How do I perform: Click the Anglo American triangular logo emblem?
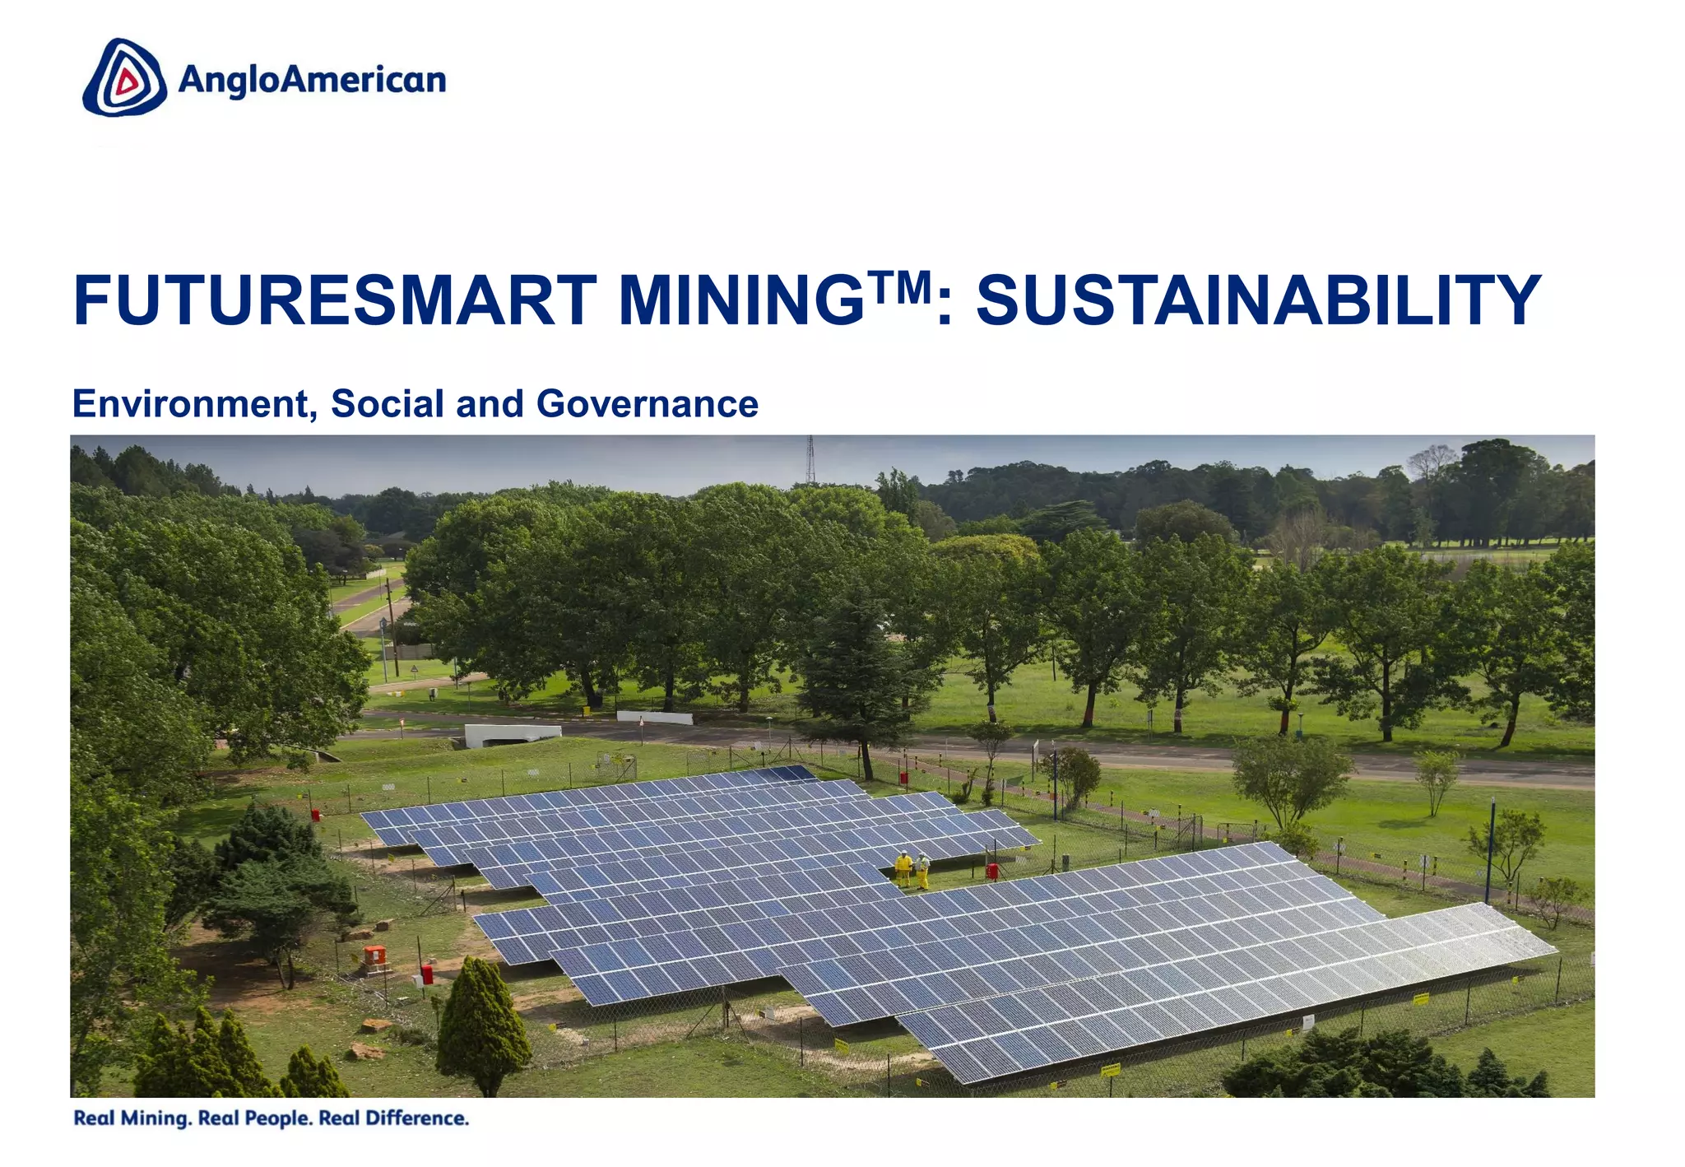point(124,78)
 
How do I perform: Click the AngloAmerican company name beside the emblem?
point(312,81)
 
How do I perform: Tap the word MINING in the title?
point(740,301)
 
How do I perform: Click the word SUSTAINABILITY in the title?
point(1258,301)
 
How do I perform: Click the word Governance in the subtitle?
point(647,404)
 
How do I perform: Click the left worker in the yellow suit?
point(903,869)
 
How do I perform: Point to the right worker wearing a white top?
point(923,871)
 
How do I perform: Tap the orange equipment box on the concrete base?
point(374,956)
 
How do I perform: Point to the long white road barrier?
point(655,717)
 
